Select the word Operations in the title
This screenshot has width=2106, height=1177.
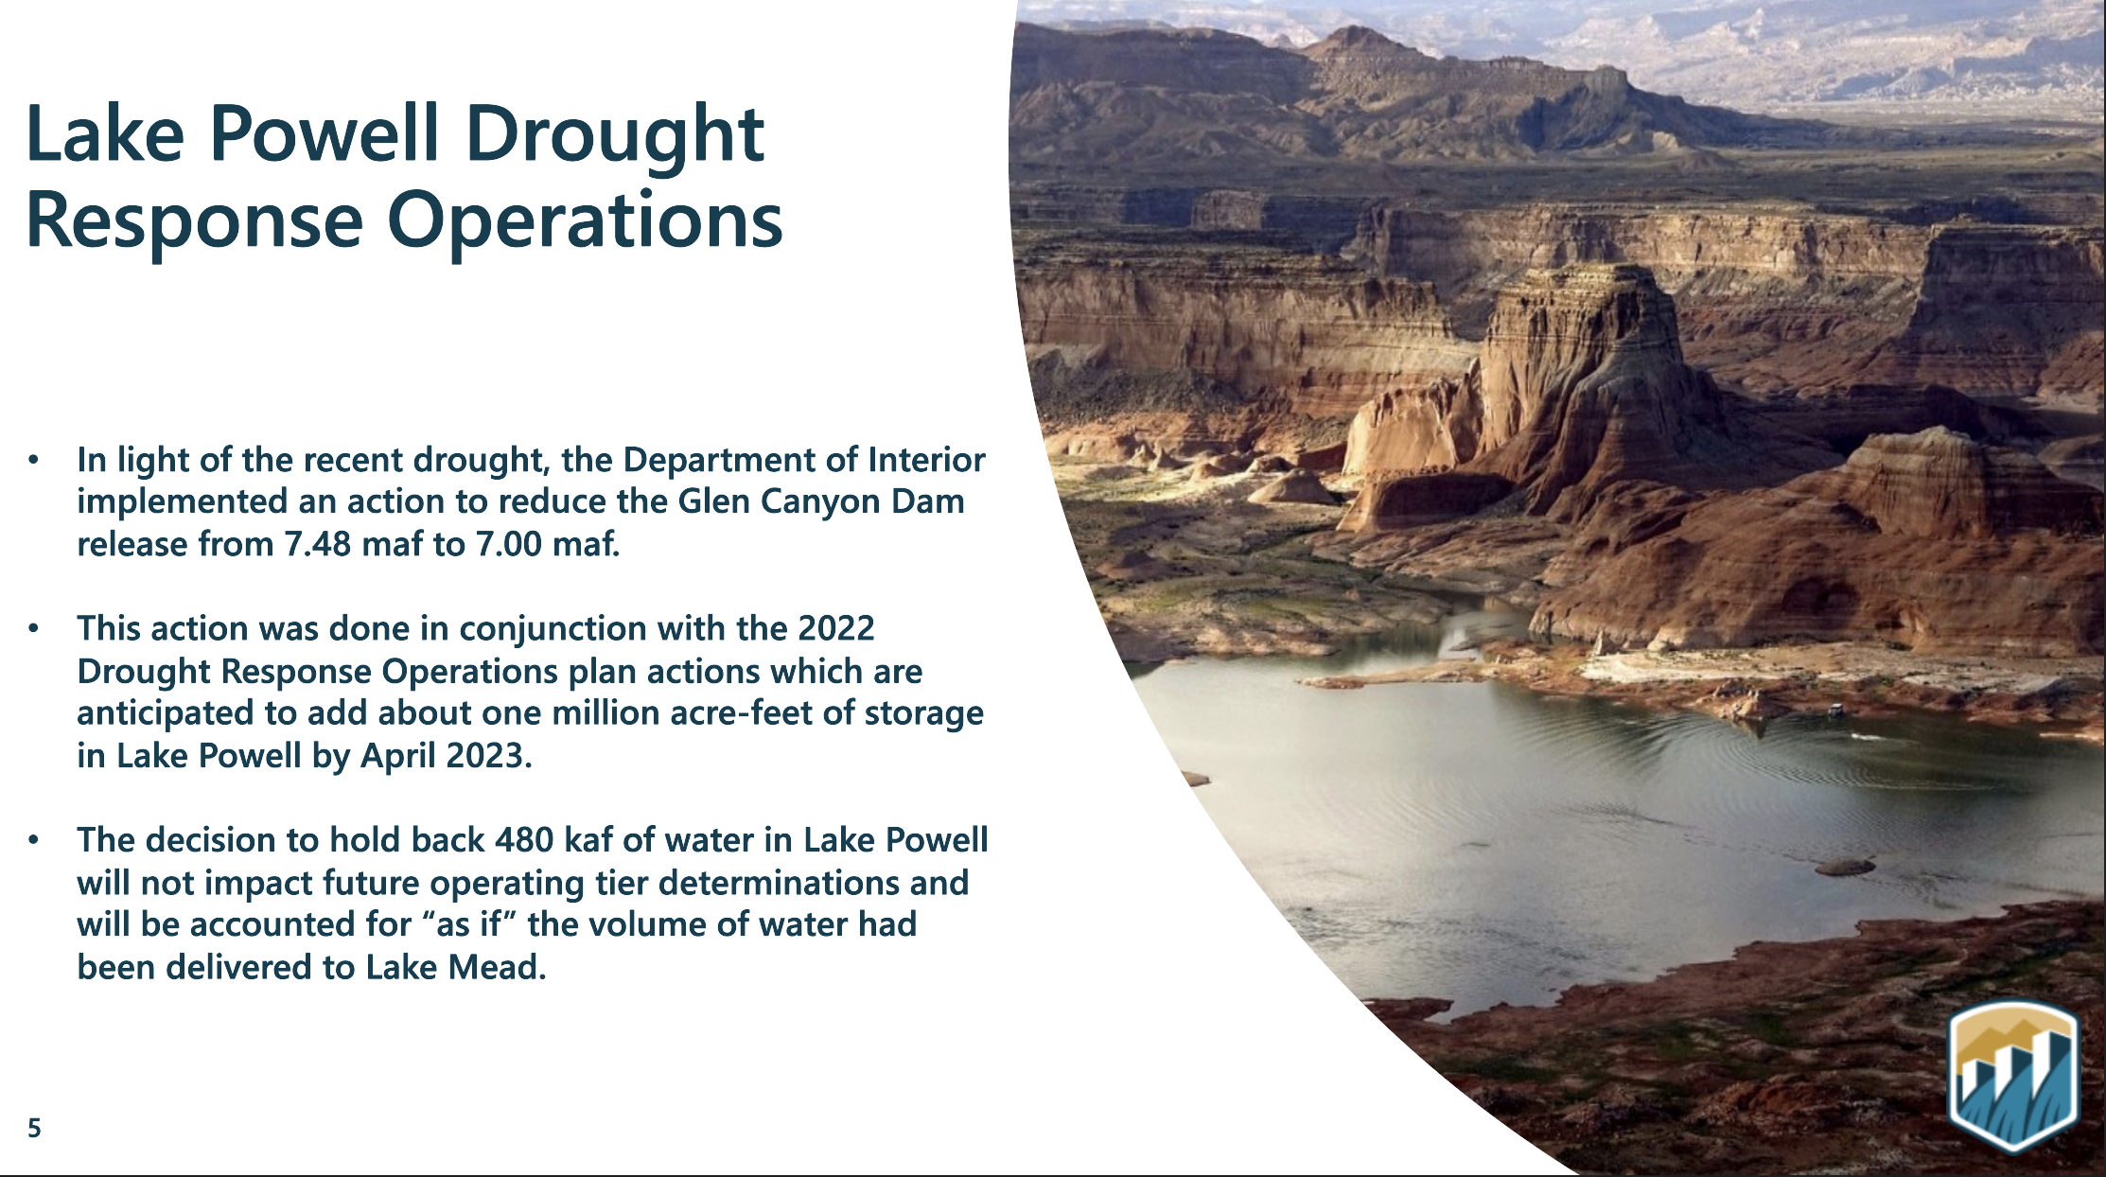[584, 222]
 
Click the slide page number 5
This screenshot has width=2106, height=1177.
[34, 1128]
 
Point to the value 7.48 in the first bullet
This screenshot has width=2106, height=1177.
[318, 544]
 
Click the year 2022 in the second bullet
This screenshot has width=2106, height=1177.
[836, 628]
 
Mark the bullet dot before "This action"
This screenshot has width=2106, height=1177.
[34, 628]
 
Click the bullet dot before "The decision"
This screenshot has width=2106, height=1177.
[34, 840]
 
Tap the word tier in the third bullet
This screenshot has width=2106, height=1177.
[623, 883]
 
